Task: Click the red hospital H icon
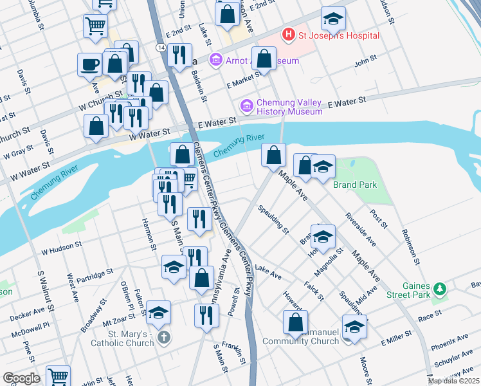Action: point(289,35)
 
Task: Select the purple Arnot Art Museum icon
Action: point(215,60)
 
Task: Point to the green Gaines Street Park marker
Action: point(440,289)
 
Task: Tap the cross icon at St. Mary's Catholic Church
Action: point(164,336)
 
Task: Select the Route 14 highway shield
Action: point(159,48)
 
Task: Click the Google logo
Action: point(21,378)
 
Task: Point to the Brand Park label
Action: point(355,185)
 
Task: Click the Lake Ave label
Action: point(268,272)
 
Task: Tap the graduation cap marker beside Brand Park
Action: point(323,167)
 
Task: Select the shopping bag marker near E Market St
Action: point(264,59)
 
